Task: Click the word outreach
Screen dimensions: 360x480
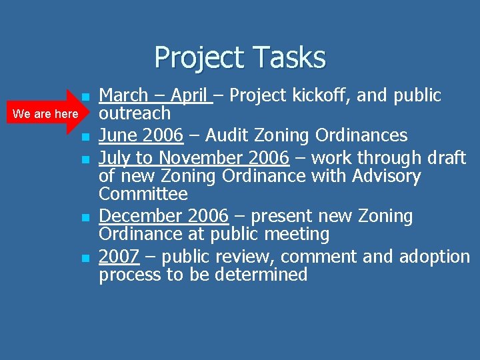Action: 135,113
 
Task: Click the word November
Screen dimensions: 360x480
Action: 214,159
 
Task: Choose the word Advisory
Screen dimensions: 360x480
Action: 386,177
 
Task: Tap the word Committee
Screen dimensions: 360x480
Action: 143,195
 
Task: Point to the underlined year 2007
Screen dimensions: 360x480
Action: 119,257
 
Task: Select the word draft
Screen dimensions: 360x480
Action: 445,159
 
